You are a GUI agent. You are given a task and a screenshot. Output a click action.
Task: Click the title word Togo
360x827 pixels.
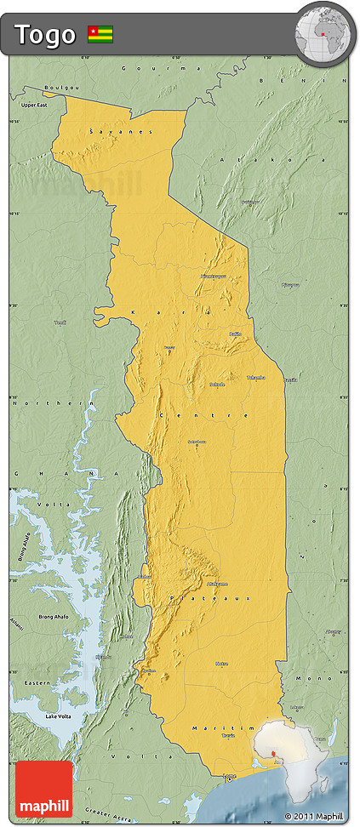point(44,34)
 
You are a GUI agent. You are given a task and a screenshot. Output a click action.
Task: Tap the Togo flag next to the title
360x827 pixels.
point(100,34)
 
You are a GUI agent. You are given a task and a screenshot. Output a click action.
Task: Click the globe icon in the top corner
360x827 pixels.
point(324,35)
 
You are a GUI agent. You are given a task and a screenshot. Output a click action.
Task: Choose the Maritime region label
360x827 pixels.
point(223,728)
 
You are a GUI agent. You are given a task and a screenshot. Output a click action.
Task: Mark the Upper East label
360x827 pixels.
point(35,105)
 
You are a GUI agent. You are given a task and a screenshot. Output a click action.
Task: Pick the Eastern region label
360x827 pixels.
point(36,682)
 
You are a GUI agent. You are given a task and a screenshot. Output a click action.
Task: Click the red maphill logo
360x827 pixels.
point(44,790)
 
